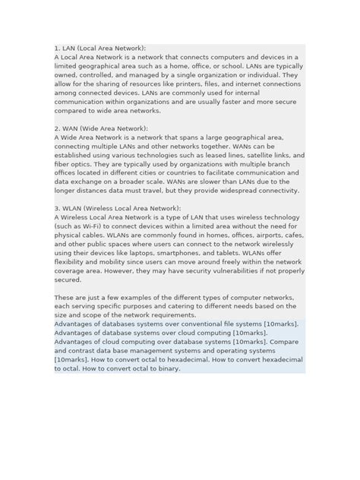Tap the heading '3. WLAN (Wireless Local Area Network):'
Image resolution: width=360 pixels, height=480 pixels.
[118, 207]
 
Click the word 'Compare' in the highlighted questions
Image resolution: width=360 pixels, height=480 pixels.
[286, 342]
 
